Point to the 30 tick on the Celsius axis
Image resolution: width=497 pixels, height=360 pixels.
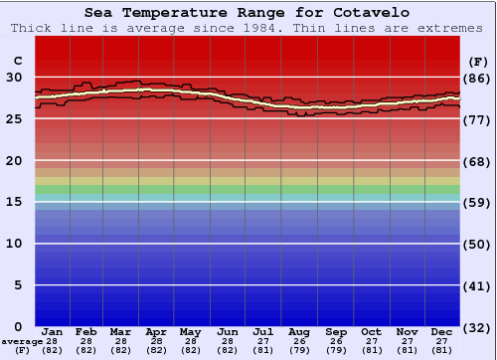click(x=14, y=78)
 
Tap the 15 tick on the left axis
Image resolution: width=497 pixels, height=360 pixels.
click(x=14, y=202)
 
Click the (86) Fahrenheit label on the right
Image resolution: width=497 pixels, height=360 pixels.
click(x=477, y=78)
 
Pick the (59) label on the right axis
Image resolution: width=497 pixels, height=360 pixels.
click(x=477, y=202)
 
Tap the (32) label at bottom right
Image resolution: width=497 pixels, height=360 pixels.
click(x=477, y=327)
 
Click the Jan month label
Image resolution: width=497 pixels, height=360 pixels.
click(x=53, y=331)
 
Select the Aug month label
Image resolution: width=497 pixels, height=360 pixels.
click(x=299, y=331)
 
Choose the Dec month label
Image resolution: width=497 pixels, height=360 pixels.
click(x=442, y=331)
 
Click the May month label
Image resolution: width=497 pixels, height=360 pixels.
click(x=191, y=331)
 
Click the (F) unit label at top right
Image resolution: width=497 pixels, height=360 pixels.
click(x=477, y=60)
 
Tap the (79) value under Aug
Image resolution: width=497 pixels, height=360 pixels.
click(x=299, y=350)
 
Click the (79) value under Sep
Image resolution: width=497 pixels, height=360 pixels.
click(x=335, y=350)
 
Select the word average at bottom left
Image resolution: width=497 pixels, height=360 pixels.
click(x=22, y=341)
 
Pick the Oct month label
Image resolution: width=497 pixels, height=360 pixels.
click(x=371, y=331)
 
